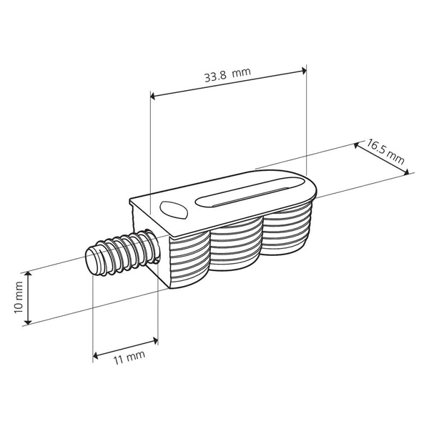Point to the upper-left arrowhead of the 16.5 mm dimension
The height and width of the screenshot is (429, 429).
pos(357,145)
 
